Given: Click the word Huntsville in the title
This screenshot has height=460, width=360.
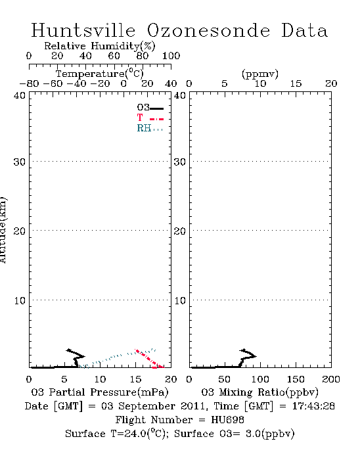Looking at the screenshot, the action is (x=83, y=30).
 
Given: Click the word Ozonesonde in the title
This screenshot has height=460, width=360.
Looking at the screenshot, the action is (x=208, y=30).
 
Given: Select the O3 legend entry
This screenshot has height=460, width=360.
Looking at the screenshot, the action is (x=150, y=108).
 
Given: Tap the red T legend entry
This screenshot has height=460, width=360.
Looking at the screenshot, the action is (x=150, y=118).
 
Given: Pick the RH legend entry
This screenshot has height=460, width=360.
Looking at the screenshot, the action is (x=150, y=128).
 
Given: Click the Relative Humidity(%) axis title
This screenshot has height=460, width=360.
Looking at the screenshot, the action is (x=100, y=47).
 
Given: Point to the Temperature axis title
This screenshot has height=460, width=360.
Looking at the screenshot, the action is (x=100, y=74).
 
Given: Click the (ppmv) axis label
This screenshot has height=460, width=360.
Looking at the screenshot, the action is (x=260, y=74).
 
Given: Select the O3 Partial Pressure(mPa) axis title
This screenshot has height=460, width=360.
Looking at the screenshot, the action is (x=100, y=392).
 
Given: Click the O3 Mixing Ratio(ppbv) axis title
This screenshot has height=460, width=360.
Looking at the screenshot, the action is (x=259, y=392).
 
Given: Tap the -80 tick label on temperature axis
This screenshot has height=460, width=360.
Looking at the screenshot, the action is (x=29, y=84).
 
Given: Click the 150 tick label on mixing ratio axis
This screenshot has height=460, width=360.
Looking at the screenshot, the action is (x=296, y=379).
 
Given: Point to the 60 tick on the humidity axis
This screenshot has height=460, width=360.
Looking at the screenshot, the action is (x=114, y=56).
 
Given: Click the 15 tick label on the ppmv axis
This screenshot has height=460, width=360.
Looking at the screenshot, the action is (x=296, y=84).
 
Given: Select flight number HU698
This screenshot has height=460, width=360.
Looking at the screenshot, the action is (x=227, y=420).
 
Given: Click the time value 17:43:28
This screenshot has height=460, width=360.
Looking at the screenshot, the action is (x=313, y=406).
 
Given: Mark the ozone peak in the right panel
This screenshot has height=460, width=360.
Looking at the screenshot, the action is (x=256, y=356).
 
